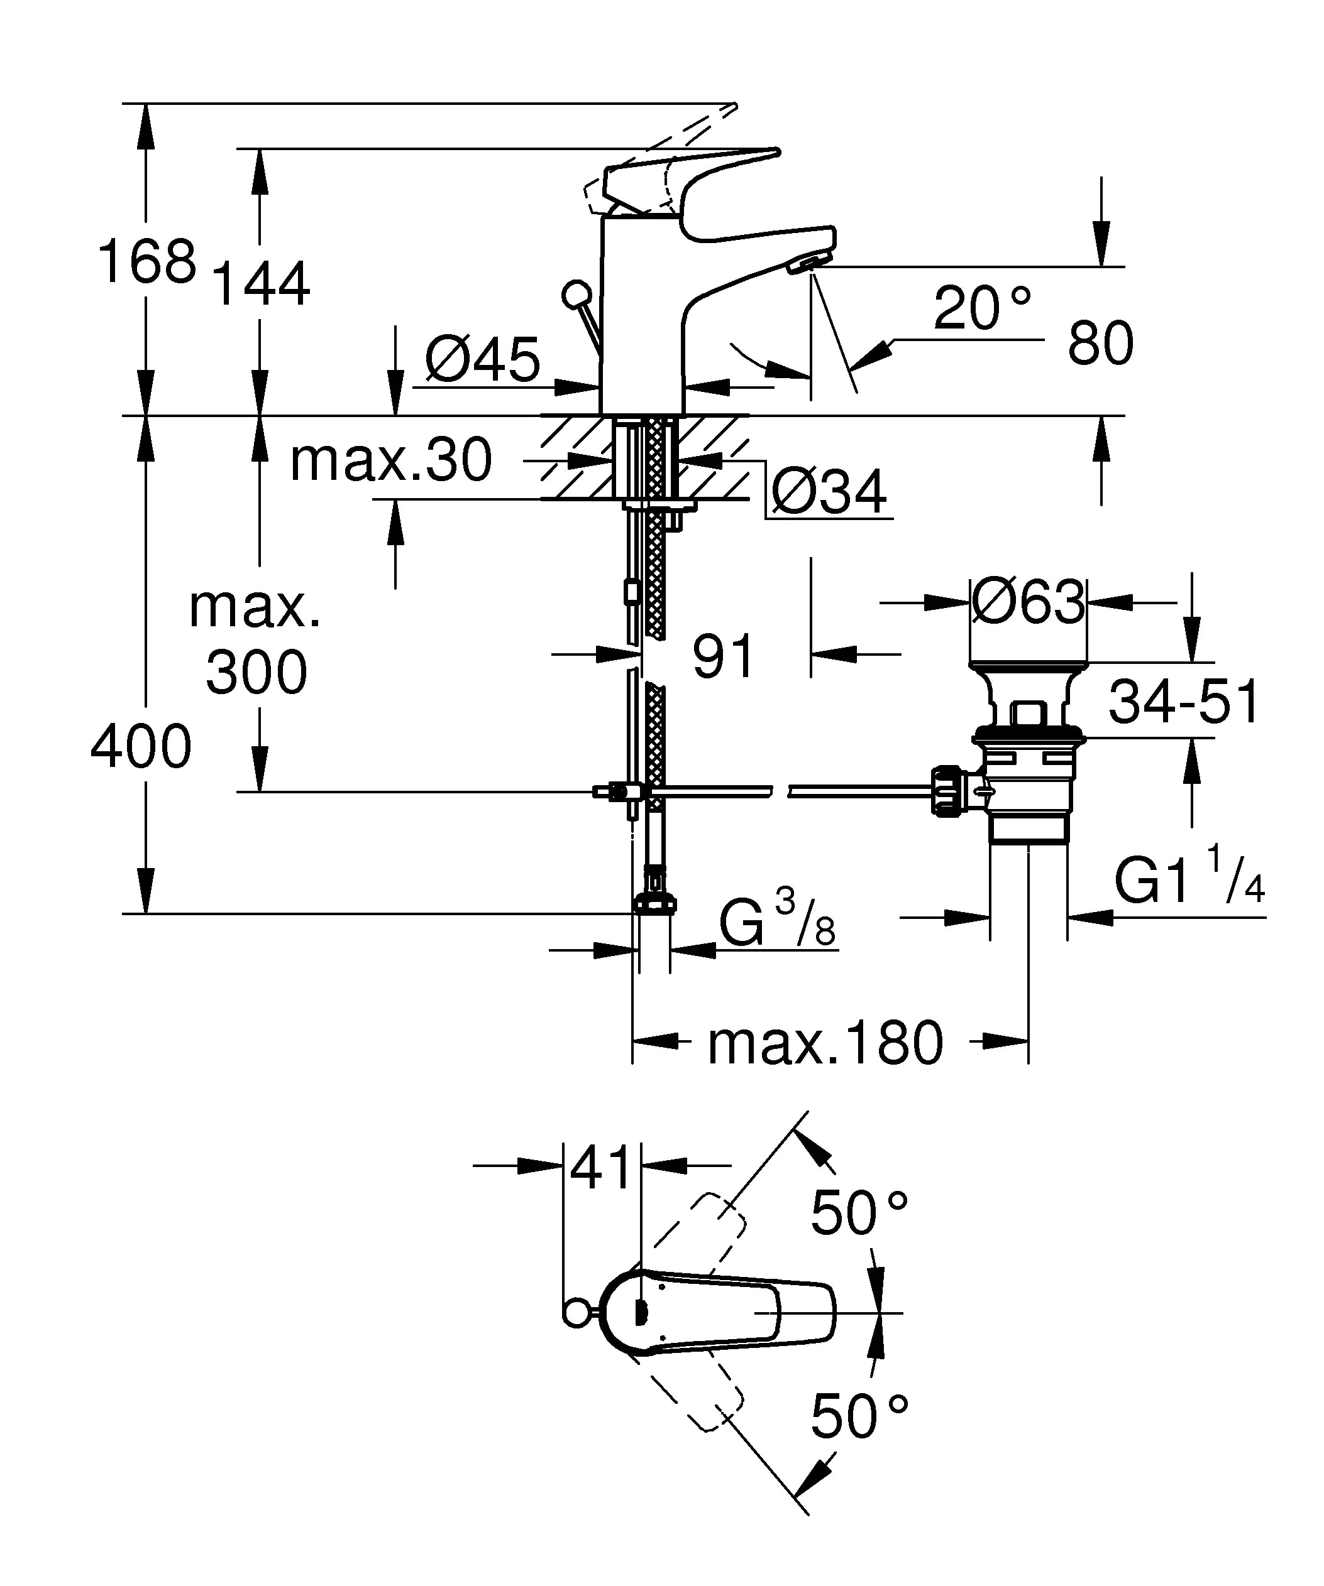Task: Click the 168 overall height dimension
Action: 147,262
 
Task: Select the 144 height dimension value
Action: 262,284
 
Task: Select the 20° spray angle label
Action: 981,308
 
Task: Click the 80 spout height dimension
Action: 1100,343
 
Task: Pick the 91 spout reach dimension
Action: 723,656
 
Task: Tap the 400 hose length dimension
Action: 141,747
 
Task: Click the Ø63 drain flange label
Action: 1028,603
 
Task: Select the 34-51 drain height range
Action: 1183,702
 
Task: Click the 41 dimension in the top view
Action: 601,1167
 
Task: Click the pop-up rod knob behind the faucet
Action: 577,294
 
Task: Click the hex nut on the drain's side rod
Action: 947,791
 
